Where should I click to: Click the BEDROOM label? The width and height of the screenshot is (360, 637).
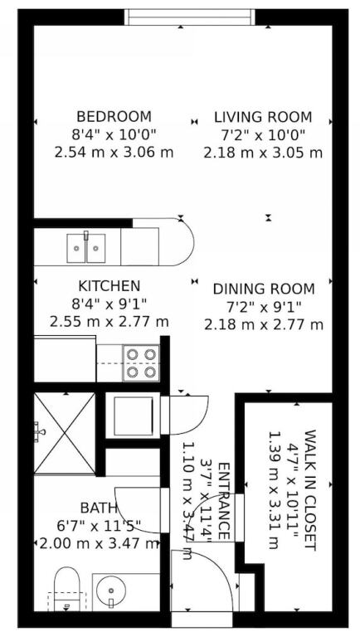click(x=114, y=117)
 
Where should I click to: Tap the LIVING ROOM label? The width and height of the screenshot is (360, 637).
click(x=263, y=117)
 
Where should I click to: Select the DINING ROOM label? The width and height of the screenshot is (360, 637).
click(x=264, y=289)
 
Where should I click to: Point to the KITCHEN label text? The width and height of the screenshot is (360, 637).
click(x=109, y=285)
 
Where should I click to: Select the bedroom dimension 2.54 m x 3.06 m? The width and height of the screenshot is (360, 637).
click(x=114, y=153)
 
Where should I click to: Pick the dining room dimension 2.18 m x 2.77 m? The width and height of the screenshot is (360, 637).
click(x=264, y=325)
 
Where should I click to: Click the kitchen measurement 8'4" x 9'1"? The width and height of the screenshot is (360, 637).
click(x=109, y=304)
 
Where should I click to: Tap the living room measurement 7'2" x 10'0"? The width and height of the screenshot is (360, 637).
click(x=263, y=135)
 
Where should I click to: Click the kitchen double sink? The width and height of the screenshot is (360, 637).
click(x=86, y=247)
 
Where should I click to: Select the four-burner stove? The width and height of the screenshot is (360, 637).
click(x=141, y=363)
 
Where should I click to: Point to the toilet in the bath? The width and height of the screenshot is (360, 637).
click(x=66, y=589)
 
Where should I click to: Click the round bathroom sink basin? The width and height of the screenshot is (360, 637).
click(x=110, y=589)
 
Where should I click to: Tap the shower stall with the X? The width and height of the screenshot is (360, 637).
click(x=65, y=433)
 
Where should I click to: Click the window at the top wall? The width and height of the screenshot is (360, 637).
click(x=190, y=17)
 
